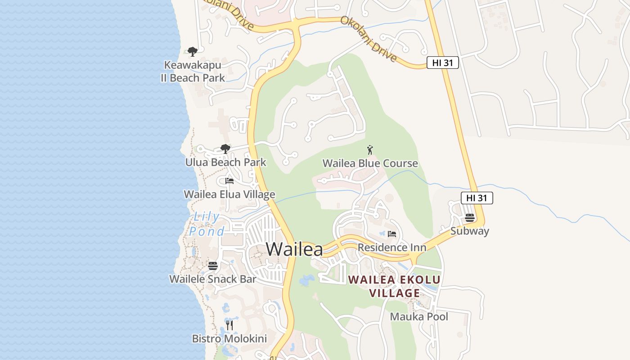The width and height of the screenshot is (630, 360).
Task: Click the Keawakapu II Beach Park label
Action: [193, 72]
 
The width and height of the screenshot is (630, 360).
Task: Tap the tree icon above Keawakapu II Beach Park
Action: [193, 52]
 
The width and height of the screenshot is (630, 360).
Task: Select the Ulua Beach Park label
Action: [226, 162]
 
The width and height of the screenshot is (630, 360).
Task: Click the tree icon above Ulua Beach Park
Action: [225, 149]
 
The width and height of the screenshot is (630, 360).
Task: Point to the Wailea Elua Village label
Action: [229, 194]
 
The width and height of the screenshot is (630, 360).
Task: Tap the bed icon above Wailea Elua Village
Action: [229, 181]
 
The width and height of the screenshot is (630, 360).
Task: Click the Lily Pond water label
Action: [207, 224]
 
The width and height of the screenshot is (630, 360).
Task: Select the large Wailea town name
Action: [294, 249]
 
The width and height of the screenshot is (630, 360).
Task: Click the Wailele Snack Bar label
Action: [213, 279]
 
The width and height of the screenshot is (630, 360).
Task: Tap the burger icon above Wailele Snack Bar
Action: [213, 266]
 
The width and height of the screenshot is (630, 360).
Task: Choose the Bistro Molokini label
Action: [229, 338]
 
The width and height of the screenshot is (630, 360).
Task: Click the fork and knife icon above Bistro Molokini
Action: [229, 325]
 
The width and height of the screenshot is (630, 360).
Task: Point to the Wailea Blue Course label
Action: [370, 163]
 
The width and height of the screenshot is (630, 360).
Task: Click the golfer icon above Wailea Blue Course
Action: [370, 150]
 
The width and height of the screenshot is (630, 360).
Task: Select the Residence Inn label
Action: [392, 247]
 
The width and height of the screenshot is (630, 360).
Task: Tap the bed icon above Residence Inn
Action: [392, 234]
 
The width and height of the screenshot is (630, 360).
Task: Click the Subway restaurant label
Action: [470, 231]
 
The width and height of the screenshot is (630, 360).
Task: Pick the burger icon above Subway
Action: [470, 218]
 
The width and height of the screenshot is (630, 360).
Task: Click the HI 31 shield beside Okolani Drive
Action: [442, 63]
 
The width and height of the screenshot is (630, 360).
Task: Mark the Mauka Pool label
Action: [419, 316]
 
